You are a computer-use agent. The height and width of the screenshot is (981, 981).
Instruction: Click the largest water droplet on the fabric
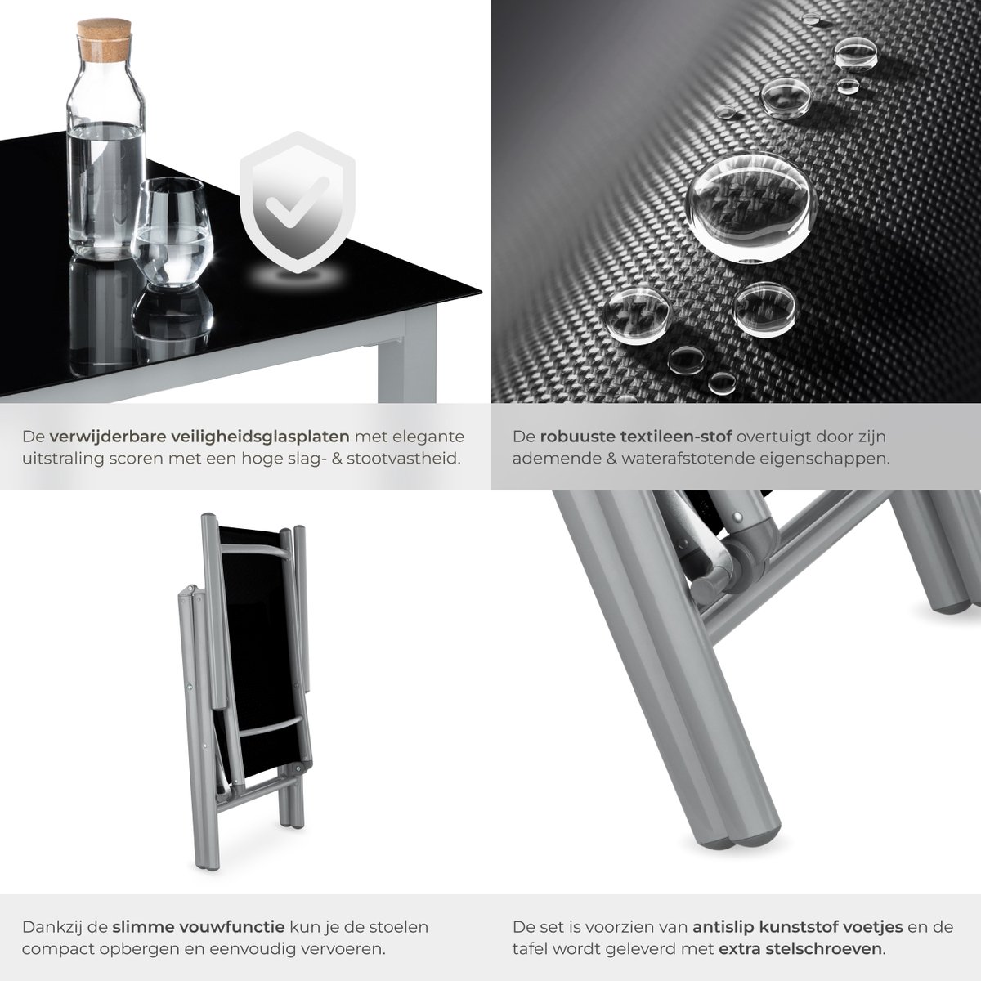click(x=751, y=208)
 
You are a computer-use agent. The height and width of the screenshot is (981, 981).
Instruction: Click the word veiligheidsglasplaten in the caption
click(x=260, y=437)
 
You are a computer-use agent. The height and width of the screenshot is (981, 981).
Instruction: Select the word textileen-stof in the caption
click(x=677, y=437)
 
